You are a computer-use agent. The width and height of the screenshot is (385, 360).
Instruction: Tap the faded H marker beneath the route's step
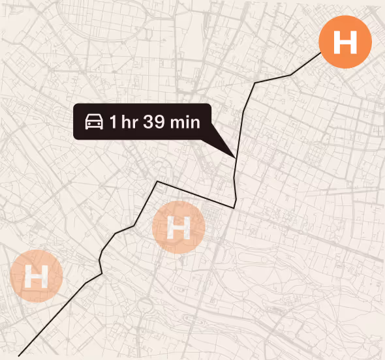point(179,228)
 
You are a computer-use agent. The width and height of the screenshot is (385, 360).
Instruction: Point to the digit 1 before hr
point(113,122)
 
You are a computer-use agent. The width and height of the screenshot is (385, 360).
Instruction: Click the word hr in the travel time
point(129,122)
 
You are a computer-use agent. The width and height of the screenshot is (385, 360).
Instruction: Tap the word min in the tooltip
point(185,122)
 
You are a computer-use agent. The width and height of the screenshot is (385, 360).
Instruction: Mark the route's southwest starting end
point(19,355)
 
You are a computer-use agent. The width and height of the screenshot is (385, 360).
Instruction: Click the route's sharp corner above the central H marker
point(157,181)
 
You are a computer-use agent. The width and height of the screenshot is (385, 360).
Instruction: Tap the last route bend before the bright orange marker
point(291,76)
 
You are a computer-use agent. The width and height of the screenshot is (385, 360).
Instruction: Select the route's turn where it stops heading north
point(254,83)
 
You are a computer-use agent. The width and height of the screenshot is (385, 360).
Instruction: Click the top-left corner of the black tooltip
point(75,106)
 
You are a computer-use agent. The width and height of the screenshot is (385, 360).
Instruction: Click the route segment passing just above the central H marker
point(196,195)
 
